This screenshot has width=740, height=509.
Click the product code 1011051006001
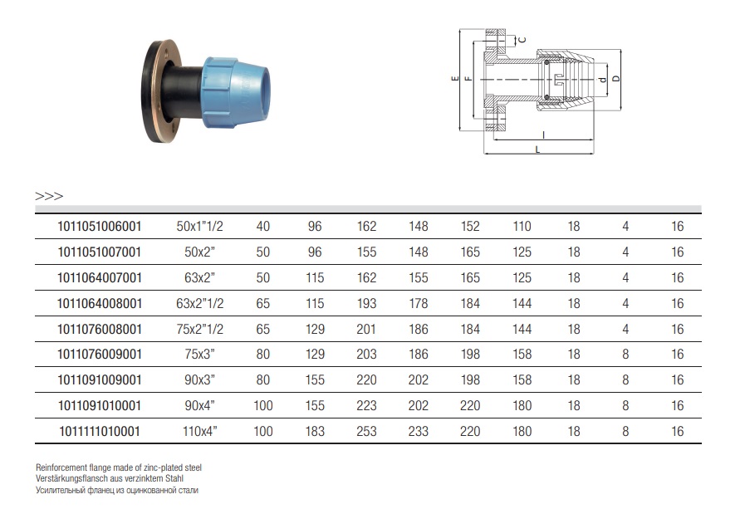click(x=100, y=227)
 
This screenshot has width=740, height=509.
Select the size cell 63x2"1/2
click(x=199, y=303)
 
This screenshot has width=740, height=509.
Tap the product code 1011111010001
click(x=100, y=431)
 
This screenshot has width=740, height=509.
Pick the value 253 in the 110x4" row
click(x=366, y=431)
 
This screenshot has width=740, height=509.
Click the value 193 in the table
click(x=366, y=303)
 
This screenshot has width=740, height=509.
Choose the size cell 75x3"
click(x=199, y=355)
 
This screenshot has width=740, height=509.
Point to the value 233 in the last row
click(x=418, y=431)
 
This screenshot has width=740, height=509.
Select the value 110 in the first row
click(x=522, y=227)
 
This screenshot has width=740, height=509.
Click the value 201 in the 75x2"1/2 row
click(x=366, y=329)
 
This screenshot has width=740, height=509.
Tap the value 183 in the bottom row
click(x=315, y=431)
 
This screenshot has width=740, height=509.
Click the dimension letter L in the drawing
click(x=537, y=150)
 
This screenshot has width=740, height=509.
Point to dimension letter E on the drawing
click(x=455, y=78)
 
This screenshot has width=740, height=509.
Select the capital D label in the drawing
click(x=616, y=78)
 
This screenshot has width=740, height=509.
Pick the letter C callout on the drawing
click(x=522, y=40)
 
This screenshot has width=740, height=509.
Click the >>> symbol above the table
click(x=49, y=196)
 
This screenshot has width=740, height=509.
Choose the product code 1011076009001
click(x=100, y=355)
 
